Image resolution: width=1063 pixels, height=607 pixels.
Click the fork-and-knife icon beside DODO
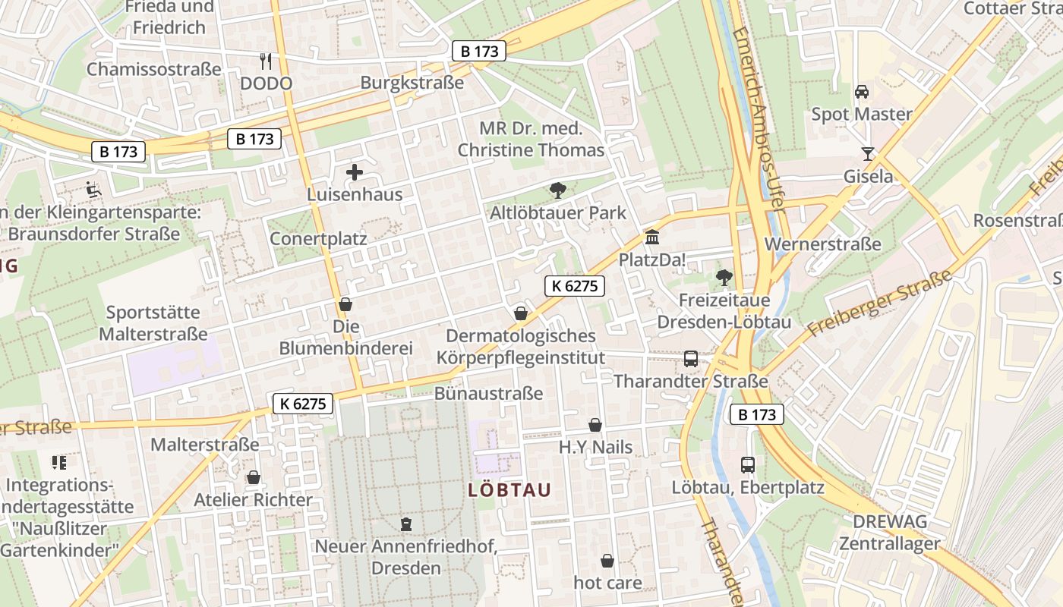tap(265, 61)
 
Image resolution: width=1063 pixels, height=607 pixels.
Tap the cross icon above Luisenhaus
tap(355, 172)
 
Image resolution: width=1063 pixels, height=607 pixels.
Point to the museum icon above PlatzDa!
tap(651, 237)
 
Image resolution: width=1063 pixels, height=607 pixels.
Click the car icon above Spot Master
tap(862, 92)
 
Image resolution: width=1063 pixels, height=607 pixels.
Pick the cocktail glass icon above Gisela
tap(868, 154)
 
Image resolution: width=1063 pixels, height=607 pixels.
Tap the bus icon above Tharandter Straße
tap(691, 358)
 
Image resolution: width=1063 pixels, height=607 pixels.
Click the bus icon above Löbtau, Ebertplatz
tap(748, 464)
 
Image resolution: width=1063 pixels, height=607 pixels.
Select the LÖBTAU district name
tap(509, 490)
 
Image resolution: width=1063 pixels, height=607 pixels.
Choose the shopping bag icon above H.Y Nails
tap(595, 425)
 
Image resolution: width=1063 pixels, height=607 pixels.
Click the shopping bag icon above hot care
tap(607, 561)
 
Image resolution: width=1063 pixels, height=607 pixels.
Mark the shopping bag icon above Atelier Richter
tap(253, 477)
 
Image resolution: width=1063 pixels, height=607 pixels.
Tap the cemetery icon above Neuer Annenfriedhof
tap(406, 524)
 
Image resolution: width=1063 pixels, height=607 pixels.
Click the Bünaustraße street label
tap(488, 393)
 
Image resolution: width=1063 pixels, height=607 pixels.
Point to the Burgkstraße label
tap(412, 83)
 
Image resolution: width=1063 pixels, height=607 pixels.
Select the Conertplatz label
tap(318, 238)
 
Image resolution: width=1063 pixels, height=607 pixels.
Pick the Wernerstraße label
tap(823, 244)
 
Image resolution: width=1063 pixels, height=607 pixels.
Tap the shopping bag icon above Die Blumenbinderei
tap(345, 304)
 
